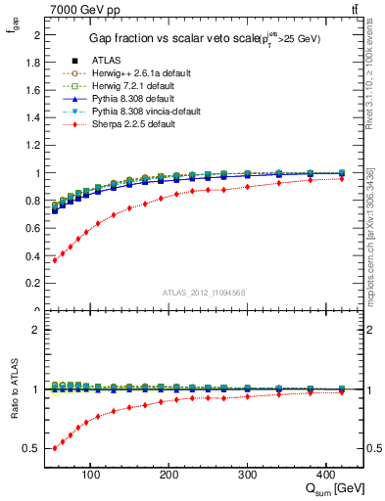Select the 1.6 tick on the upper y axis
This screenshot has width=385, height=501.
(33, 90)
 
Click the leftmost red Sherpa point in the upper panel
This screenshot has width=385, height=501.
(55, 260)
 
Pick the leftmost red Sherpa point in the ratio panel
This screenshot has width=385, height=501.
(55, 447)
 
